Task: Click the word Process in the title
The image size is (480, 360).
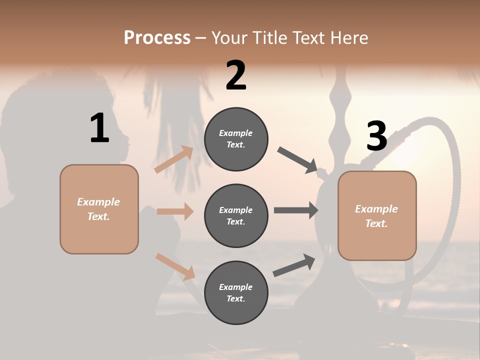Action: coord(157,37)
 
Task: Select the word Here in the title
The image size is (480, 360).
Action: coord(349,37)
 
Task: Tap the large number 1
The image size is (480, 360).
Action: coord(99,128)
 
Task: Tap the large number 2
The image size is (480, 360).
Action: coord(236,75)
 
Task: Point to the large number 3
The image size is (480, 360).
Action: coord(376,136)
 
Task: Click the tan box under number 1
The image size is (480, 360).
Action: coord(99,209)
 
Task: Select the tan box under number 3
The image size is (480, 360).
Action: coord(377,216)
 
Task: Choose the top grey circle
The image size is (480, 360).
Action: coord(236,139)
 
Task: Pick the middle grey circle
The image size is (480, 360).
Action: coord(236,216)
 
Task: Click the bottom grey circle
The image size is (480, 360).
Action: coord(236,293)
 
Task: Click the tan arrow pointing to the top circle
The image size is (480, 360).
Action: coord(174,159)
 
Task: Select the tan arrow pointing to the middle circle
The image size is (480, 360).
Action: coord(175,211)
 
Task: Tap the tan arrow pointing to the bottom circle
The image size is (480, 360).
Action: coord(175,266)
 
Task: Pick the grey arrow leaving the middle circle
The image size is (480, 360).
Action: coord(296,210)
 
